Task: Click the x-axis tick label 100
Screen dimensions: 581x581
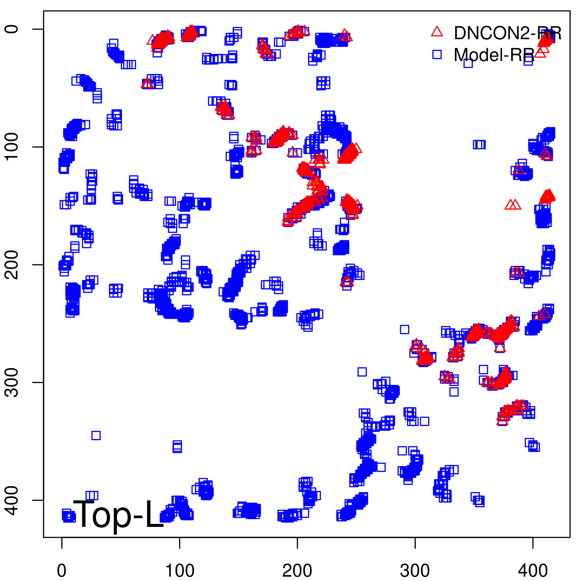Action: coord(180,571)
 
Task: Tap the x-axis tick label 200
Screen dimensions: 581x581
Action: coord(297,571)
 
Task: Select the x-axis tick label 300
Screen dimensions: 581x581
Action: coord(415,571)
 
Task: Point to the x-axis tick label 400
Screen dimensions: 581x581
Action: coord(533,571)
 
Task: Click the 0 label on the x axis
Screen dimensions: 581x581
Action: coord(62,571)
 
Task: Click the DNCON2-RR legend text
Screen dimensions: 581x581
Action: coord(508,33)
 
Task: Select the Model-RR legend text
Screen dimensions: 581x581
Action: coord(494,55)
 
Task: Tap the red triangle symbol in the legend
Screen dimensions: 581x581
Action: coord(437,32)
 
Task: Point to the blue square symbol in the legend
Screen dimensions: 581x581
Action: coord(437,54)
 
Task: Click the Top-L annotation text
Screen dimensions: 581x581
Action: coord(119,514)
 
